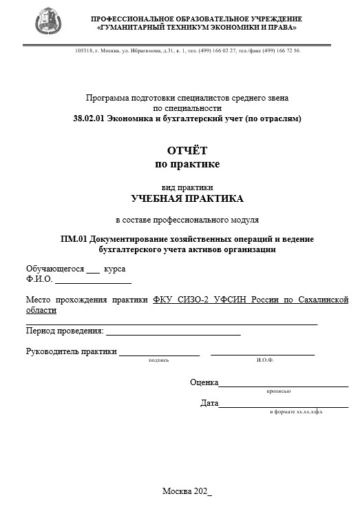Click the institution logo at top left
coord(47,21)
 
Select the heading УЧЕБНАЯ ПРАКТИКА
coord(187,198)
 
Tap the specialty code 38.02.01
coord(88,118)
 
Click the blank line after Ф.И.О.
coord(93,280)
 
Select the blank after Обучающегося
coord(93,269)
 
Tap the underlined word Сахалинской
coord(323,300)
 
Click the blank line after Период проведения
coord(173,331)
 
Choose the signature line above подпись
coord(159,353)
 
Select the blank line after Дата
coord(283,404)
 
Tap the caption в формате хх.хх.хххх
coord(296,411)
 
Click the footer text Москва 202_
coord(187,491)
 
